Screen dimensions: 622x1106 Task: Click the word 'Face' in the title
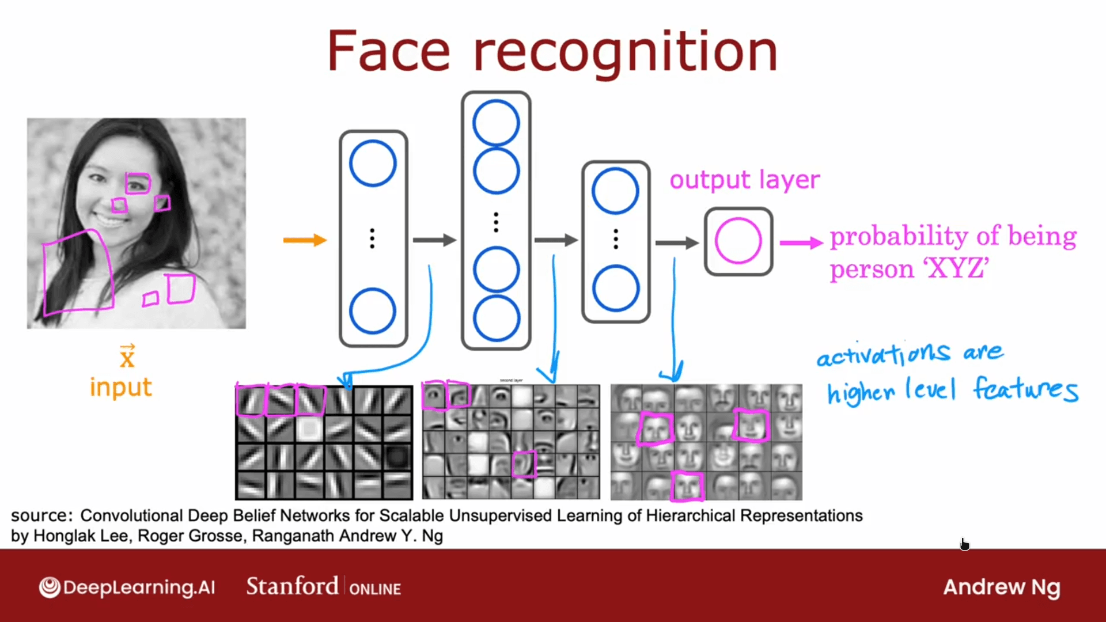pyautogui.click(x=388, y=52)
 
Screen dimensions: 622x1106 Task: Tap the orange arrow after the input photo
pyautogui.click(x=305, y=240)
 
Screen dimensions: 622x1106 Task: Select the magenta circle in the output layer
pyautogui.click(x=738, y=241)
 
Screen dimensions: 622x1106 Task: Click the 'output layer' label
pyautogui.click(x=744, y=180)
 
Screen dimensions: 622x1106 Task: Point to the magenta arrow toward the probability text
pyautogui.click(x=801, y=243)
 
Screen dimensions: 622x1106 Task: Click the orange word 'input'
pyautogui.click(x=121, y=388)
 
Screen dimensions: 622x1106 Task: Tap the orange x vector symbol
pyautogui.click(x=127, y=357)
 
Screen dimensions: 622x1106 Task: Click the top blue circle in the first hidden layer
pyautogui.click(x=373, y=163)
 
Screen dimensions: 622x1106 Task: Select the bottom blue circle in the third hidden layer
pyautogui.click(x=615, y=288)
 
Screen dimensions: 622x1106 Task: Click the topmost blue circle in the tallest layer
pyautogui.click(x=496, y=123)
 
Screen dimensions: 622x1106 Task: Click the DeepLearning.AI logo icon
pyautogui.click(x=50, y=587)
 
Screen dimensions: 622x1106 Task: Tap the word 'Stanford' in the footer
pyautogui.click(x=292, y=587)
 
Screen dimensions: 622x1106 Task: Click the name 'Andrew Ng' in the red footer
pyautogui.click(x=1001, y=587)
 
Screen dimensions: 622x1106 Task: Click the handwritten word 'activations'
pyautogui.click(x=883, y=354)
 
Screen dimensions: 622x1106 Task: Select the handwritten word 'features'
pyautogui.click(x=1025, y=389)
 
